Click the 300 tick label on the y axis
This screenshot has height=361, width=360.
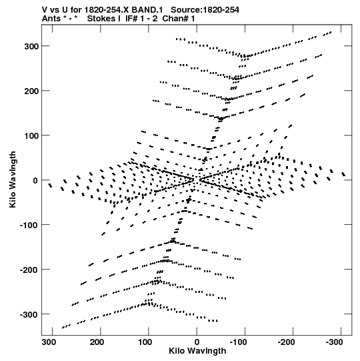[x=31, y=46]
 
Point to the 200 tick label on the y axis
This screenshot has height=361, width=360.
[x=31, y=91]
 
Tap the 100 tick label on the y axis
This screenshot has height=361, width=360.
[x=31, y=136]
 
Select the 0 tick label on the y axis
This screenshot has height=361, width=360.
[x=35, y=180]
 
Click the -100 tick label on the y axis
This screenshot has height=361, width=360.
[x=29, y=225]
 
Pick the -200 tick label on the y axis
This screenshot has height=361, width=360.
[x=29, y=270]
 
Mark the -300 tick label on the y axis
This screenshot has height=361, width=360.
[x=29, y=314]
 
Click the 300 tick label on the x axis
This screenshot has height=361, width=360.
[x=49, y=342]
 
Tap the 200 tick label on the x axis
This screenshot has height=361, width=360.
[x=97, y=342]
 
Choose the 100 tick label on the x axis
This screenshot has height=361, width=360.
[x=145, y=342]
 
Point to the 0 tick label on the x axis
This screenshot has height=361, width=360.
[x=197, y=342]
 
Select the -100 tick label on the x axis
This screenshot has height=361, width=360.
[x=238, y=342]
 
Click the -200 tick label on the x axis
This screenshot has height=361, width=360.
[x=287, y=342]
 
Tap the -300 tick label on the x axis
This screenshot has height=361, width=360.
[x=335, y=342]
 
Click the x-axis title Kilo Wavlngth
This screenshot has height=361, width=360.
[x=197, y=351]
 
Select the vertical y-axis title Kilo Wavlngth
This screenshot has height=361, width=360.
[x=13, y=179]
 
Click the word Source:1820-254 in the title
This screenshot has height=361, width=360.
[x=205, y=10]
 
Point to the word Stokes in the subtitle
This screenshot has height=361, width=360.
[x=104, y=19]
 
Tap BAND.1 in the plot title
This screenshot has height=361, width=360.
[x=147, y=10]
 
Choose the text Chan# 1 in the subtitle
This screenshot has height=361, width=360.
[x=179, y=19]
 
